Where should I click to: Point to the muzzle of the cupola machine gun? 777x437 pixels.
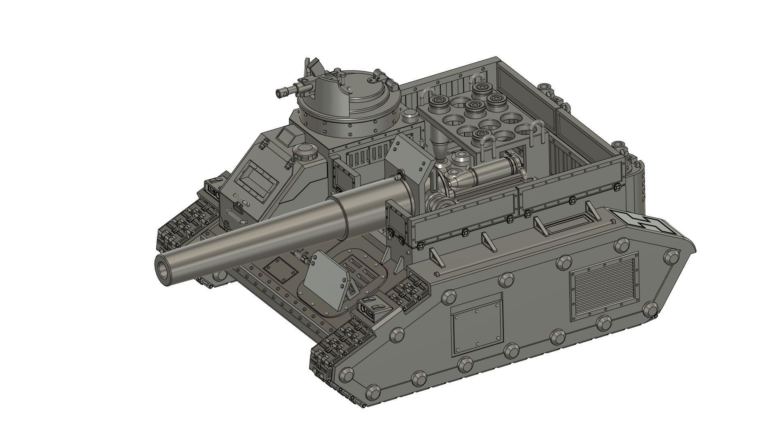coord(279,93)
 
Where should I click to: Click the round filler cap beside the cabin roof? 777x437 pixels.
coord(305,151)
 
